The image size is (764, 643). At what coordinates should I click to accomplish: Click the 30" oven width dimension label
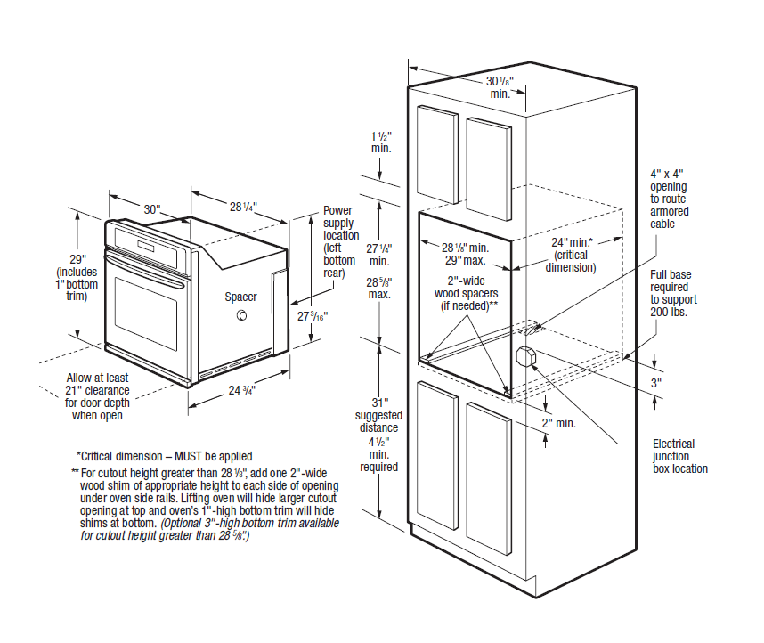coord(152,208)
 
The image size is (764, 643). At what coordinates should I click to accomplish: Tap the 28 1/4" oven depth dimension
coord(242,207)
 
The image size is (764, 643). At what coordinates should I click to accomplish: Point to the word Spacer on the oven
coord(240,297)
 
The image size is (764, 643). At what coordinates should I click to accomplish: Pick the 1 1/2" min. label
coord(382,142)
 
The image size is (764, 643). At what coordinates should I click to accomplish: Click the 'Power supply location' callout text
coord(338,240)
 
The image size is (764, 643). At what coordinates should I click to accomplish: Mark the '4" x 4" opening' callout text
coord(669,199)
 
